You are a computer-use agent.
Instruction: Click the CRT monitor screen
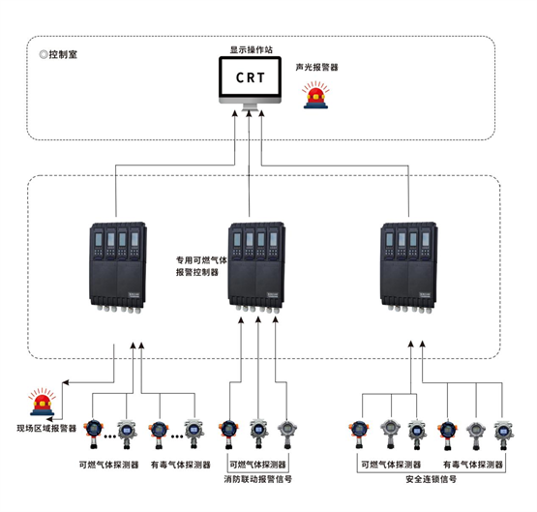(250, 77)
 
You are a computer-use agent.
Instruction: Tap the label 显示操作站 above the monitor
(251, 49)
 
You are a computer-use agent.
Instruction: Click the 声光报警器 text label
(316, 67)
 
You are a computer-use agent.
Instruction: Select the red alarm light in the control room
(315, 95)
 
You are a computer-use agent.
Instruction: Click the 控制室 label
(63, 54)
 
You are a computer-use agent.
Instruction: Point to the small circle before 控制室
(44, 54)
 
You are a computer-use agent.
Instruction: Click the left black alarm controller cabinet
(118, 267)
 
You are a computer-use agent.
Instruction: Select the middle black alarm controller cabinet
(256, 267)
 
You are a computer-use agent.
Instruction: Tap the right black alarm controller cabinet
(409, 267)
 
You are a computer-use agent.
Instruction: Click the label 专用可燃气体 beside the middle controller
(201, 260)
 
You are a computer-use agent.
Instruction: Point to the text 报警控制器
(197, 272)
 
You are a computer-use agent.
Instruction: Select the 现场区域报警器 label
(46, 428)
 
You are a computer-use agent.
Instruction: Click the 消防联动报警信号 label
(258, 479)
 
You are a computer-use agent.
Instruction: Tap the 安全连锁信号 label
(432, 479)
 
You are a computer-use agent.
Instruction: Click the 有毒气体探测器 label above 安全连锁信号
(473, 465)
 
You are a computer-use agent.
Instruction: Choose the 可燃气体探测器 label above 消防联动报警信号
(257, 465)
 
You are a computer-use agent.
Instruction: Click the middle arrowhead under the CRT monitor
(250, 113)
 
